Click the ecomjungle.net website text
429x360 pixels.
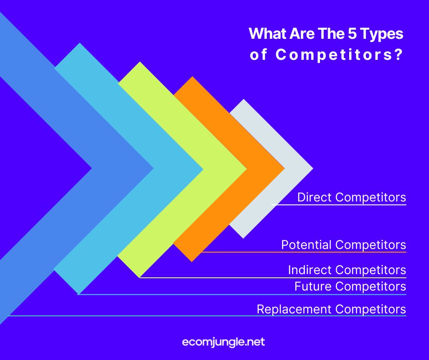pyautogui.click(x=223, y=342)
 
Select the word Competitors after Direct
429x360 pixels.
pyautogui.click(x=371, y=197)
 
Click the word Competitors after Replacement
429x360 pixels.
pyautogui.click(x=371, y=309)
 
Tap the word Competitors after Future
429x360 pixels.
pyautogui.click(x=371, y=286)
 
